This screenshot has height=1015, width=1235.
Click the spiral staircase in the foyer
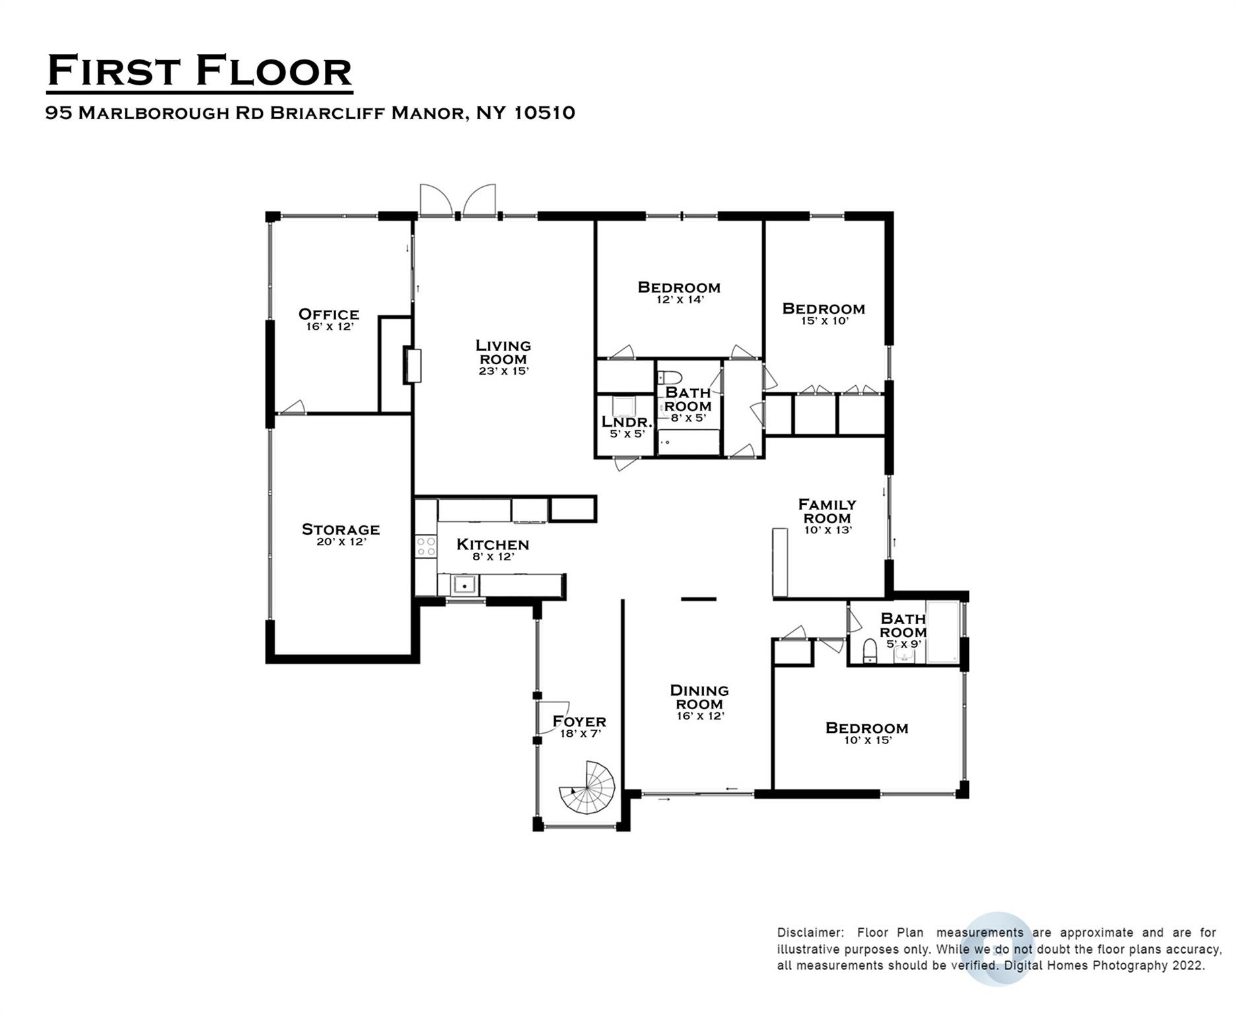point(587,788)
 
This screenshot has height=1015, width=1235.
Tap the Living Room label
point(503,352)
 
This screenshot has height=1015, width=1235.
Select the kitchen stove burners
point(426,546)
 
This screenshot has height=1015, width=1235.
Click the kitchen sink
point(464,585)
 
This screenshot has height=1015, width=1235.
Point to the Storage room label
point(341,529)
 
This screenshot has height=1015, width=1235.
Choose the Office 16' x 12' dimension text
point(330,326)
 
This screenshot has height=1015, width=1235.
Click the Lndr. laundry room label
point(627,422)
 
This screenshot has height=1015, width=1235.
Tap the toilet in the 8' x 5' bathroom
point(670,377)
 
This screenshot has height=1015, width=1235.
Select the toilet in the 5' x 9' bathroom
point(870,650)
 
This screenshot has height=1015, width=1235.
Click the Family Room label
point(828,511)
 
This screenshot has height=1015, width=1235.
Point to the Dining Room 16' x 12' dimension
point(700,716)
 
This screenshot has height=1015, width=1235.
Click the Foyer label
point(579,721)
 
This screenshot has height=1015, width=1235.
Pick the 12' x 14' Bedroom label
point(679,287)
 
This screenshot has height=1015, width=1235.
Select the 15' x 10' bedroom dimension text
point(824,321)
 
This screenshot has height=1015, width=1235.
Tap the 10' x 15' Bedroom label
point(867,728)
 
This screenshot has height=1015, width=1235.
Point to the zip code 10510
point(544,113)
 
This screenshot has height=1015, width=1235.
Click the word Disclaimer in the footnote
point(810,933)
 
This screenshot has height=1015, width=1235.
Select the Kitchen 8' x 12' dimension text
point(493,557)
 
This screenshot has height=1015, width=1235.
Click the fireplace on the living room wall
point(413,365)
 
